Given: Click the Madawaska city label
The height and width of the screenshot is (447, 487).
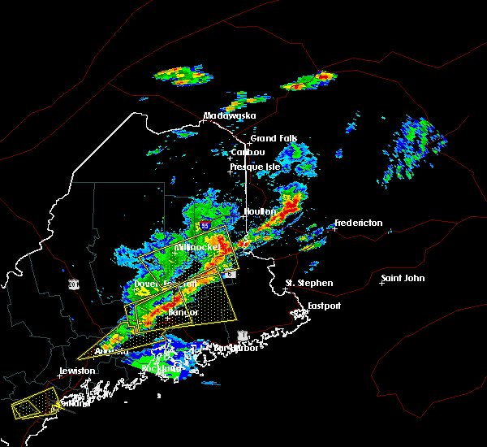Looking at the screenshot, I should [x=230, y=115].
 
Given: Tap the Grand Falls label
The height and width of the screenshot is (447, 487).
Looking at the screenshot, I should [x=274, y=138].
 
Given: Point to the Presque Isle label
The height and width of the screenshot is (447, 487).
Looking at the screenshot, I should [x=256, y=167].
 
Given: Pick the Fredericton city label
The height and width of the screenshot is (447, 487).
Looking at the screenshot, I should [x=361, y=223].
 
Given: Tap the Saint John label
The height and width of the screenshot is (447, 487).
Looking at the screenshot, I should [x=403, y=279].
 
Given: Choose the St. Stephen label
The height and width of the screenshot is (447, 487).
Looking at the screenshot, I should [x=309, y=283].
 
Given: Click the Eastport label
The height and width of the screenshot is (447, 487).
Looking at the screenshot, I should [x=324, y=306].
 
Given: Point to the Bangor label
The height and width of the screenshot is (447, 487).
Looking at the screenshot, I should [x=183, y=312].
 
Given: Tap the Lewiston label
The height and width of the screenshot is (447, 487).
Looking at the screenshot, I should [x=77, y=371].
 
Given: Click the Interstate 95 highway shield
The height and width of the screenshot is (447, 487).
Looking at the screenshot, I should [x=205, y=224].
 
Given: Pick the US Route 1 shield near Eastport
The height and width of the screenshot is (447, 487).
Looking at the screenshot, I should [x=241, y=335].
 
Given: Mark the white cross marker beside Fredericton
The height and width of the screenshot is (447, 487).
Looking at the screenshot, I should [x=334, y=228].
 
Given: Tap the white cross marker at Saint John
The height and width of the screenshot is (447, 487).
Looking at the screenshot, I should [x=383, y=284].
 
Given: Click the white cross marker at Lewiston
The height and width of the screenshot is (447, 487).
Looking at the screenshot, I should [x=59, y=375].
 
